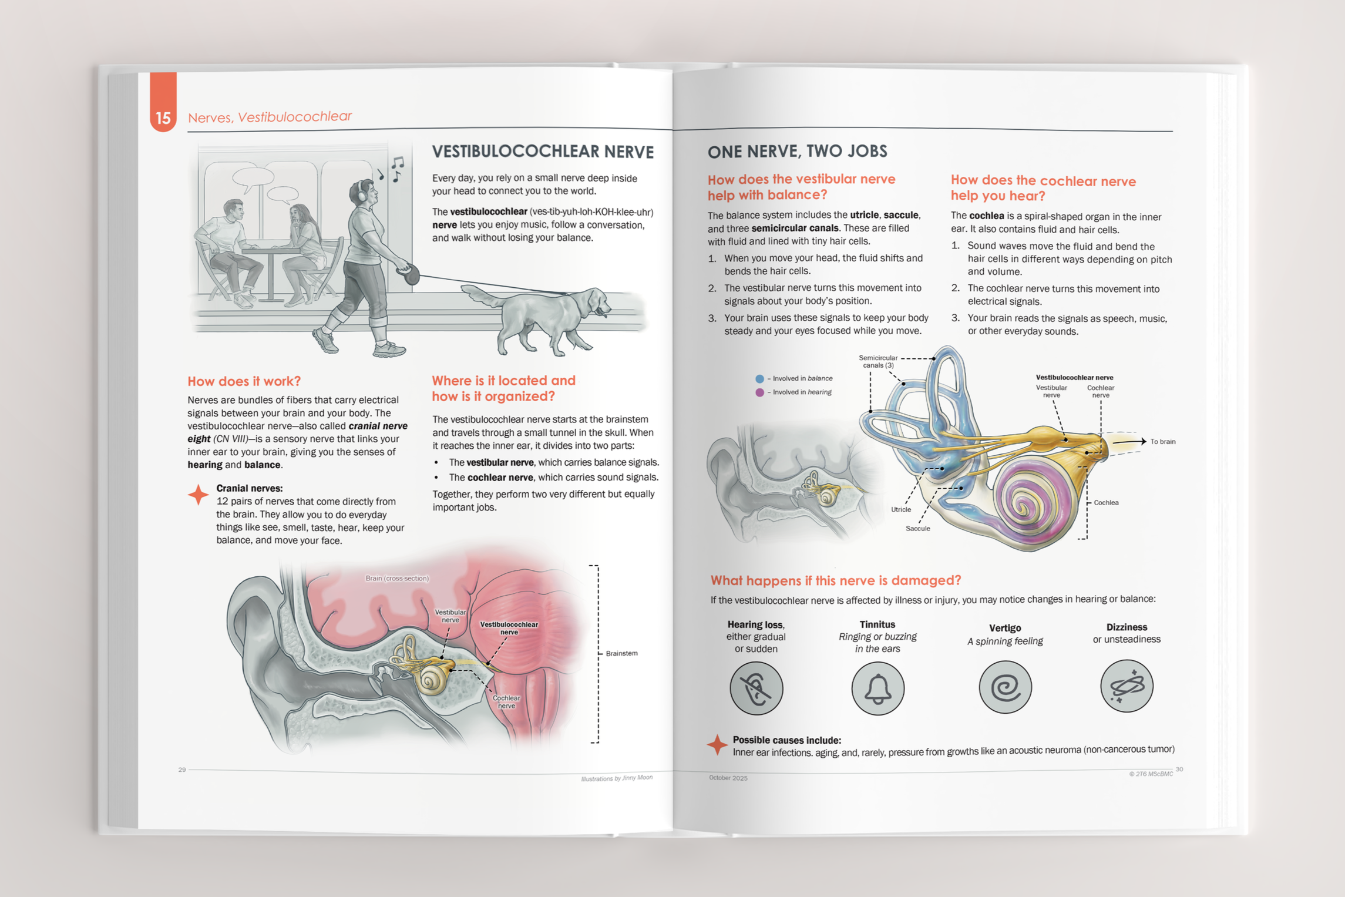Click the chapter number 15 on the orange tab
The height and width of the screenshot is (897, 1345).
pos(163,117)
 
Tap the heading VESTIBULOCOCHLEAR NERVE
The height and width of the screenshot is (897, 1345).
pos(543,152)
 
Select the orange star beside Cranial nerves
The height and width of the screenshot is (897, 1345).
pos(199,495)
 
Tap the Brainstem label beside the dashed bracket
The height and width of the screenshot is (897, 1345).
pos(621,653)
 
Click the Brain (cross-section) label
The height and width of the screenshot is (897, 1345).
pos(397,578)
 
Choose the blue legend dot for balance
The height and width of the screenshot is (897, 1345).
pos(759,379)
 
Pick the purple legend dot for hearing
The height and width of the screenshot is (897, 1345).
pos(759,392)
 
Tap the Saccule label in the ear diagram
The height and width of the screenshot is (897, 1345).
pos(917,529)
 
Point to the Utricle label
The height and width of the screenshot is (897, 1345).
pos(900,509)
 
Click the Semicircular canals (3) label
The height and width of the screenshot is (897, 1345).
pos(878,361)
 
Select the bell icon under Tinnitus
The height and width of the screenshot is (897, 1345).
pos(877,688)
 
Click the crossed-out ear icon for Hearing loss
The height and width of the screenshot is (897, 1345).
pos(756,688)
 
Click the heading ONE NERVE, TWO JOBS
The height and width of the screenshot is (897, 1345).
pos(797,152)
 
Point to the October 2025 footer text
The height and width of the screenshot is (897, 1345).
pos(728,778)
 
